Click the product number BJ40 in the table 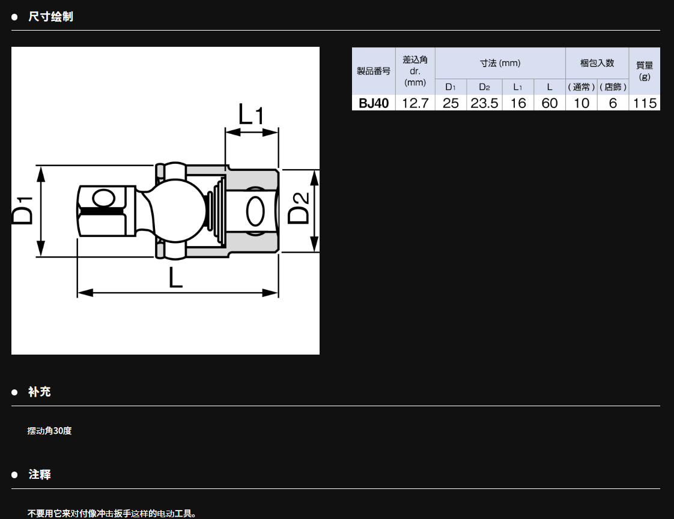[x=374, y=103]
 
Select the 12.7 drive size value [x=415, y=103]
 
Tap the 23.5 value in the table [x=484, y=103]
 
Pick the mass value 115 [x=645, y=103]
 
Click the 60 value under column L [x=549, y=103]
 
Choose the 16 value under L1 [x=518, y=103]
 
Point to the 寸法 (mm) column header [x=500, y=63]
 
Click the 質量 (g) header [x=645, y=71]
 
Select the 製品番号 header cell [x=374, y=71]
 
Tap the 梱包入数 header [x=597, y=63]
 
